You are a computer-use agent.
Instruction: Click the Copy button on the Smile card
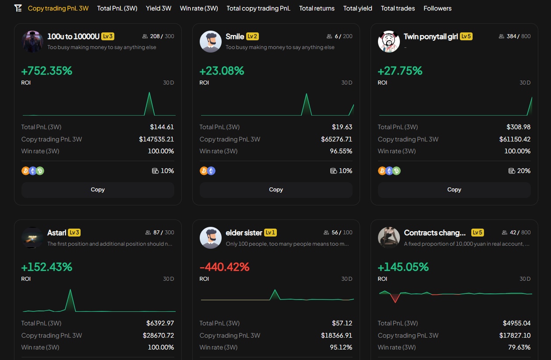(x=276, y=190)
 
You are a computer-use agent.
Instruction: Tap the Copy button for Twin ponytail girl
(x=454, y=190)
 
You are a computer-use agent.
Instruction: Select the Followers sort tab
(x=437, y=8)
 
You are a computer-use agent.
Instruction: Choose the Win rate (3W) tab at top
(x=199, y=8)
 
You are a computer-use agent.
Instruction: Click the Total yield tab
(x=357, y=8)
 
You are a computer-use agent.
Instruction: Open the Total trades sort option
(x=398, y=8)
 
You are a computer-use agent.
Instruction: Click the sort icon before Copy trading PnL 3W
(x=18, y=8)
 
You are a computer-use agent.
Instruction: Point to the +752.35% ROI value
(x=47, y=71)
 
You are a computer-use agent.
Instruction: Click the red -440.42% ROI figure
(x=224, y=267)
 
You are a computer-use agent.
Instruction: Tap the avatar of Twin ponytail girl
(x=389, y=42)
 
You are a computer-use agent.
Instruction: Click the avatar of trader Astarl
(x=32, y=238)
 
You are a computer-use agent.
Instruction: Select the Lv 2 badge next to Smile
(x=252, y=36)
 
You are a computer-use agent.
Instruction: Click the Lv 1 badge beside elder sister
(x=270, y=233)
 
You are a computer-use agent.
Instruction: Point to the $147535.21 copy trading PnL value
(x=156, y=139)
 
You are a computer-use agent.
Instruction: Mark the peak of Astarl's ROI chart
(x=70, y=290)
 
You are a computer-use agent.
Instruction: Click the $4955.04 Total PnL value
(x=516, y=323)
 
